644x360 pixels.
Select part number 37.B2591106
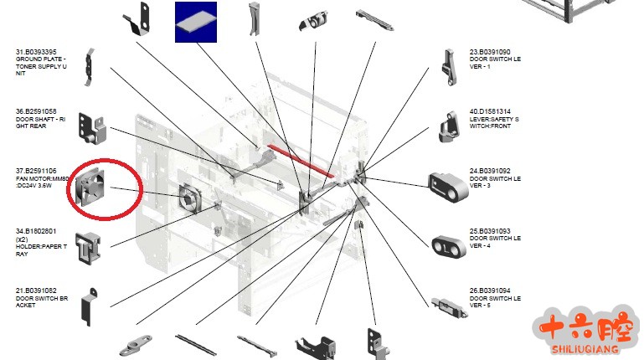(36, 171)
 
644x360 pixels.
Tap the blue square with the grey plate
(195, 22)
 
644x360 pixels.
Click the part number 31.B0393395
(36, 52)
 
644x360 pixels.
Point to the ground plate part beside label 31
(88, 69)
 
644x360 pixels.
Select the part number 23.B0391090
(490, 52)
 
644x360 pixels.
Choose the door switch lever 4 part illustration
(449, 245)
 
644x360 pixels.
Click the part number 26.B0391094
(490, 291)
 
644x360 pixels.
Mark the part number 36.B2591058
(36, 111)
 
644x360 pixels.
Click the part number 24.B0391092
(490, 171)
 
